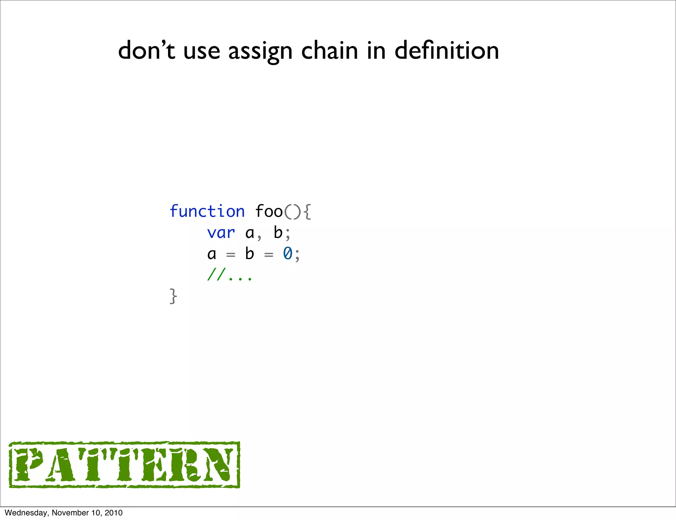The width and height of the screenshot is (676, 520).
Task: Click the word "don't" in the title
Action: [x=147, y=51]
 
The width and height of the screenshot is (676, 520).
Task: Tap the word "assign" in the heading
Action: [x=260, y=51]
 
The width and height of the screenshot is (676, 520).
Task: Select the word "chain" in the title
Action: [x=329, y=51]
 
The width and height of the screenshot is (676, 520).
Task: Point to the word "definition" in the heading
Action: [x=447, y=51]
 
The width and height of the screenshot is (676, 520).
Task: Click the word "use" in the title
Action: [x=202, y=52]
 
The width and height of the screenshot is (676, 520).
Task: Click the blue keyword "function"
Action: [x=207, y=211]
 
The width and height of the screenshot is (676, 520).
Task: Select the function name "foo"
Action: [x=269, y=211]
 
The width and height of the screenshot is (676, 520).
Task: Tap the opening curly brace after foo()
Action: [x=307, y=212]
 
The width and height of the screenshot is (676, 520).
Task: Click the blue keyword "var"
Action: [x=221, y=233]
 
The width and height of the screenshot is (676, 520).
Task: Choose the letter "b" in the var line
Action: [x=278, y=232]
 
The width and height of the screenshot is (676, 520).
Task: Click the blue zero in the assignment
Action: [x=287, y=254]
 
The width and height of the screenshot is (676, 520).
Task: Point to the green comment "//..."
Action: [x=229, y=275]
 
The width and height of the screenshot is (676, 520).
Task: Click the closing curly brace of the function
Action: [x=173, y=296]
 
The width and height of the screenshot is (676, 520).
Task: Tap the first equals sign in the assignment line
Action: [x=230, y=255]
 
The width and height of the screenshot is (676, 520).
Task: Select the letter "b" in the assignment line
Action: [x=250, y=254]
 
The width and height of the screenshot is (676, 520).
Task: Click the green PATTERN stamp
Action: [x=124, y=465]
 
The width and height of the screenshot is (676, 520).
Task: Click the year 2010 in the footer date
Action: [x=114, y=513]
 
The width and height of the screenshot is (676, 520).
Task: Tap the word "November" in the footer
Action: [x=67, y=513]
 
